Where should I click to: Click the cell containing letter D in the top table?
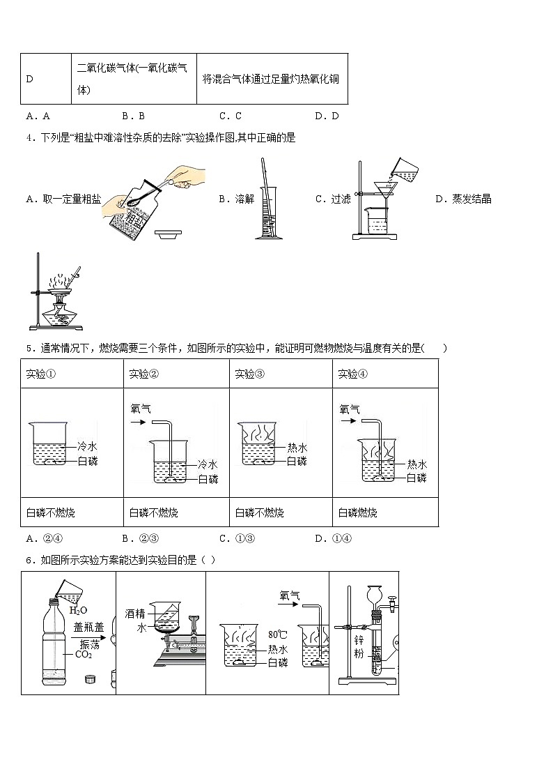click(x=46, y=79)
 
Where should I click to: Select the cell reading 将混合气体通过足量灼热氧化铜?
click(x=271, y=79)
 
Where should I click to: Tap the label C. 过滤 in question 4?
click(x=333, y=199)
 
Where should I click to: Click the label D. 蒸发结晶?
click(x=463, y=199)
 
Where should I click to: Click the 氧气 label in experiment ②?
click(x=141, y=409)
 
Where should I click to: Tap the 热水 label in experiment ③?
click(x=297, y=448)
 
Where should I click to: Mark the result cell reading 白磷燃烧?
click(x=358, y=512)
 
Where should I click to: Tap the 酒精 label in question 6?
click(x=135, y=614)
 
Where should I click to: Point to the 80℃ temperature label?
click(x=277, y=634)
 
